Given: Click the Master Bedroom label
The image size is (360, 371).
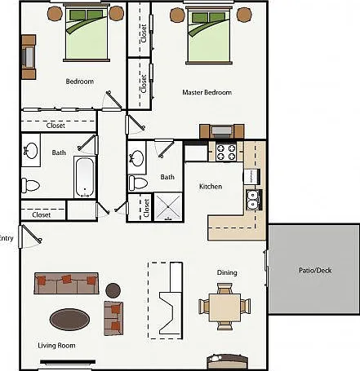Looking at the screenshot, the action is (x=207, y=92).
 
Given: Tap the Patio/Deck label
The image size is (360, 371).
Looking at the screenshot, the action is (x=315, y=271).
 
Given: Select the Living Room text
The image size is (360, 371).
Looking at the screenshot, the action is (x=56, y=346).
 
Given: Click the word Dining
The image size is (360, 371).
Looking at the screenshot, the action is (x=227, y=272).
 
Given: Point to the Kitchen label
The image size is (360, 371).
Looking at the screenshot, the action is (x=211, y=187).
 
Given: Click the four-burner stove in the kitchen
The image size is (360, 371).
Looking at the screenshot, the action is (x=225, y=152).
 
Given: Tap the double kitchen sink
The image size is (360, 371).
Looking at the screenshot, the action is (x=254, y=200).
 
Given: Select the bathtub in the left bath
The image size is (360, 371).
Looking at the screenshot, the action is (x=85, y=177).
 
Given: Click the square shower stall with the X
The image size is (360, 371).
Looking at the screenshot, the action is (x=168, y=206).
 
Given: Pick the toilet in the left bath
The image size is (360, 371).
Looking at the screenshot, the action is (x=30, y=185).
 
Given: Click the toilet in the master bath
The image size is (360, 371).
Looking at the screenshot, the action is (x=138, y=183).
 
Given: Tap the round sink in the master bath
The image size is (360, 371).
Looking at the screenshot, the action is (x=136, y=157).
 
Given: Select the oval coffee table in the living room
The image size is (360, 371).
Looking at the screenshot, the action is (x=69, y=320).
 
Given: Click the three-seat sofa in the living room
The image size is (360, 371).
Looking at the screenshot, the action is (x=66, y=283).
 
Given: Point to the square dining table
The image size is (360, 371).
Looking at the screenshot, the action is (x=224, y=307).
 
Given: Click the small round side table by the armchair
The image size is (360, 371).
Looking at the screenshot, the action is (x=113, y=290).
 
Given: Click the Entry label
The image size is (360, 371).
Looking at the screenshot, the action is (x=6, y=238).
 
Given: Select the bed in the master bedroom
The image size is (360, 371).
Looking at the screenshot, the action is (x=209, y=36).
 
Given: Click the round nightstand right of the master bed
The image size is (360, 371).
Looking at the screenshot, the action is (x=244, y=15).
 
